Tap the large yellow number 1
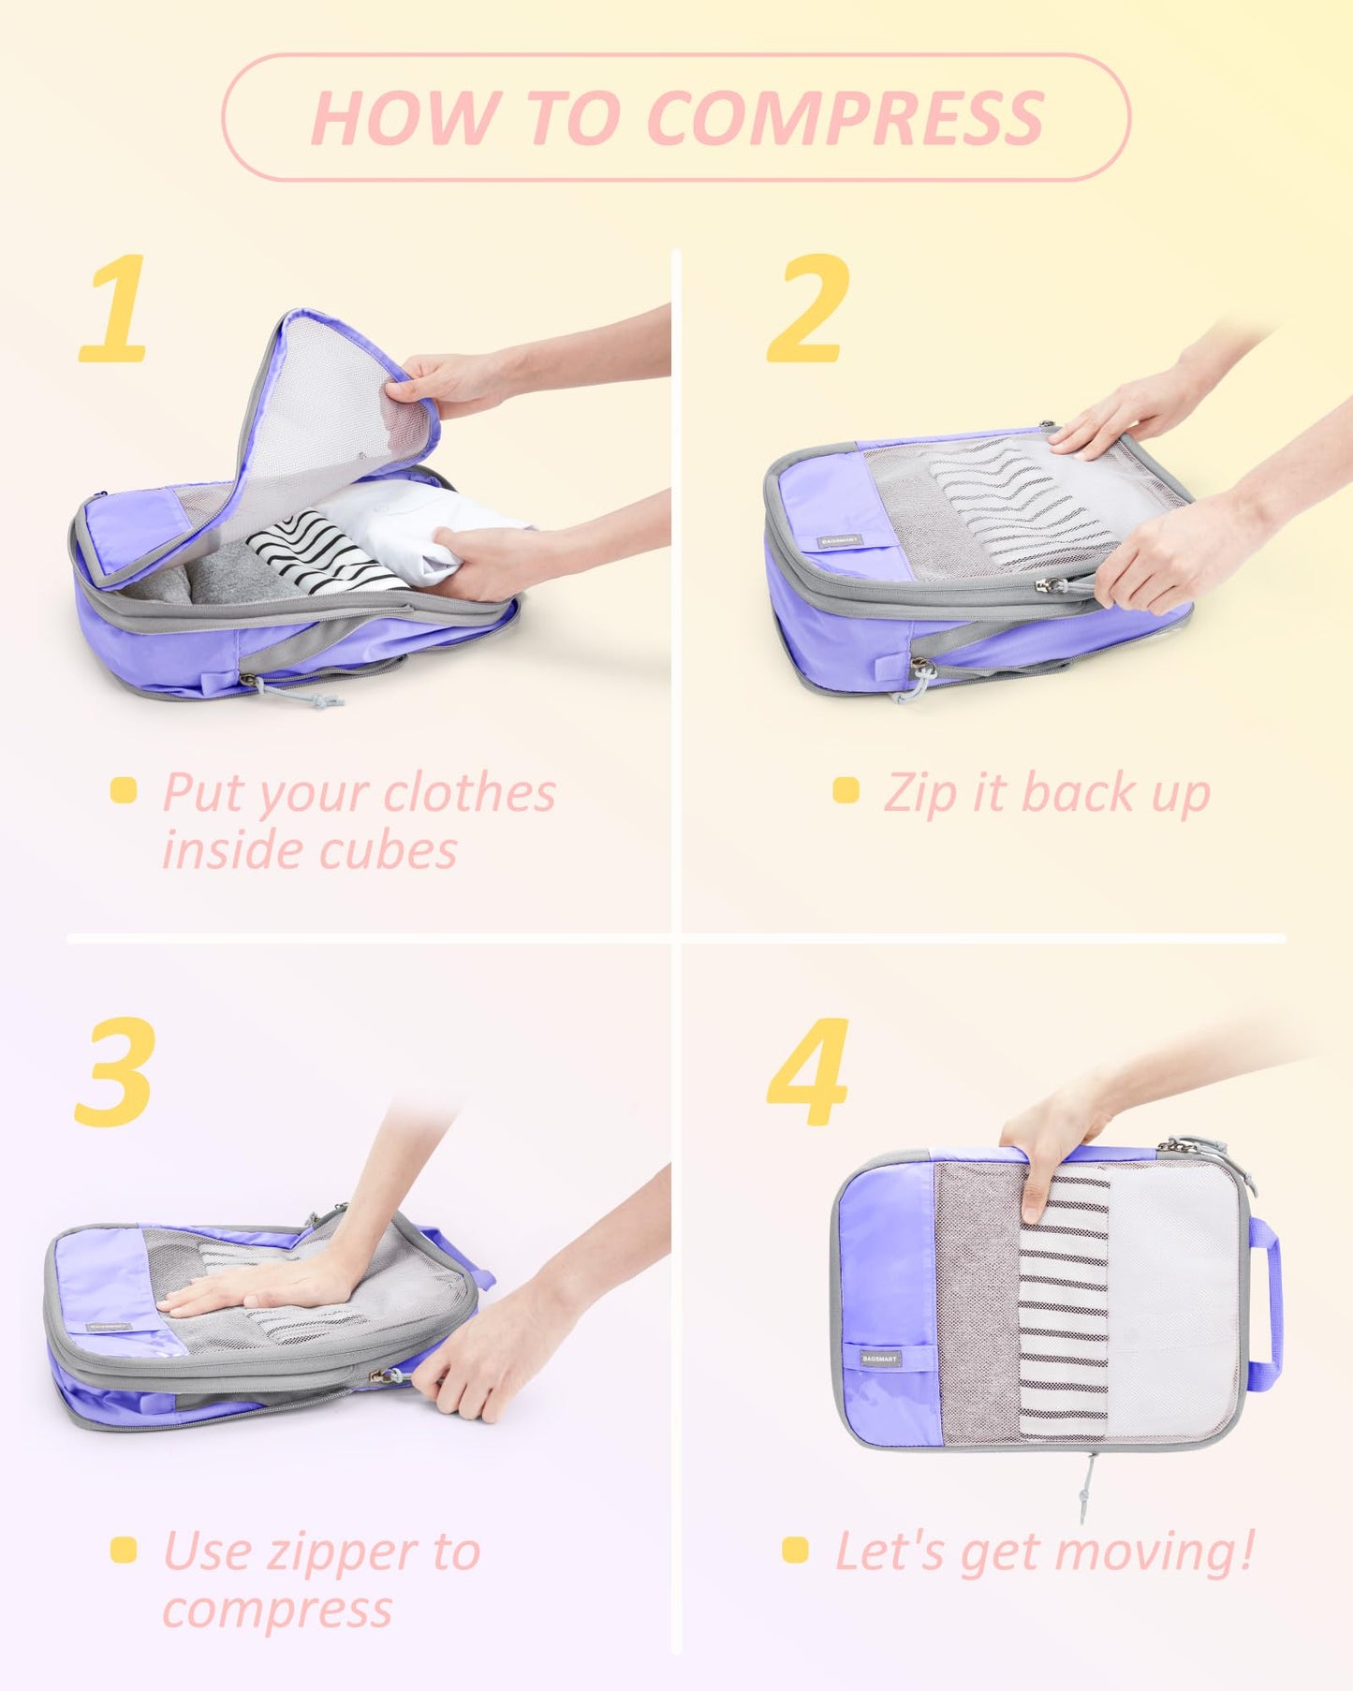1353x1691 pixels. tap(114, 309)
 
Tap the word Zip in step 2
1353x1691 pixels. tap(920, 795)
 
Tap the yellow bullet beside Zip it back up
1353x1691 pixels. tap(846, 790)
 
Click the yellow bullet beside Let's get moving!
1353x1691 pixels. tap(795, 1550)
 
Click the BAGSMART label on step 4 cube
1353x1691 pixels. tap(880, 1358)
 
